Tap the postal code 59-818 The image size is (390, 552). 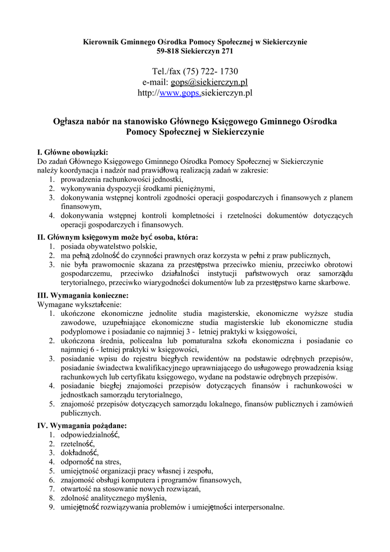pyautogui.click(x=167, y=51)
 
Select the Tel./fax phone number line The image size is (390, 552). pyautogui.click(x=195, y=71)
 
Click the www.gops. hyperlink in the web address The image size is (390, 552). pyautogui.click(x=180, y=93)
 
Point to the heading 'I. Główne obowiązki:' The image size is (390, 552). pyautogui.click(x=73, y=152)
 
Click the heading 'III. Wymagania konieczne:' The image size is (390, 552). pyautogui.click(x=82, y=295)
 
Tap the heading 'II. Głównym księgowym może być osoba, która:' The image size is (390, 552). pyautogui.click(x=117, y=237)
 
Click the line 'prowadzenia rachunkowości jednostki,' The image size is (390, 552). pyautogui.click(x=122, y=179)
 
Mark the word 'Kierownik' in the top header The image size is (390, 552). pyautogui.click(x=101, y=42)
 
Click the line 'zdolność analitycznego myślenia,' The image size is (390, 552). pyautogui.click(x=114, y=498)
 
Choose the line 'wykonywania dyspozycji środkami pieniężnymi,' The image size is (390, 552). pyautogui.click(x=137, y=188)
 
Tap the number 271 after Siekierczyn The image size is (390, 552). pyautogui.click(x=227, y=51)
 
